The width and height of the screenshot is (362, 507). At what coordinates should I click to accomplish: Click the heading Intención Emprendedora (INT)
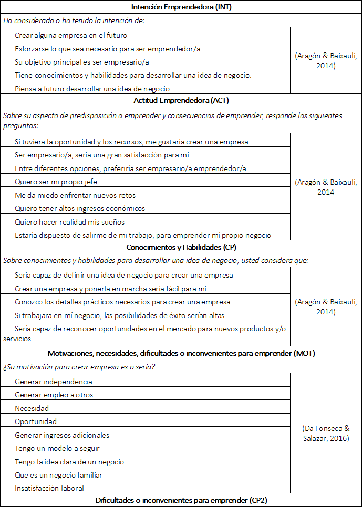[x=181, y=7]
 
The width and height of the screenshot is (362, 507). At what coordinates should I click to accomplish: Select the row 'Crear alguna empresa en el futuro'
[x=71, y=35]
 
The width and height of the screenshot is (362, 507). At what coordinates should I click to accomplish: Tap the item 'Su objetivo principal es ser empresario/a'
[x=82, y=61]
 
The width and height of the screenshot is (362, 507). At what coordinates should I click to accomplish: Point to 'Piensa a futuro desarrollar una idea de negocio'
[x=92, y=88]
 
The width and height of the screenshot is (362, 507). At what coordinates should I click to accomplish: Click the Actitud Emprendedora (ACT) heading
[x=181, y=100]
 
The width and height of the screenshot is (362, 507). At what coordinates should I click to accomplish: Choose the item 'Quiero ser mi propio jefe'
[x=56, y=182]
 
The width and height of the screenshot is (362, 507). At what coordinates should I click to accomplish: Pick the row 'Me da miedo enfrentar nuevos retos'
[x=75, y=195]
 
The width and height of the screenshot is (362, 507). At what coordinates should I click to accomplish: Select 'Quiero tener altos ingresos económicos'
[x=80, y=208]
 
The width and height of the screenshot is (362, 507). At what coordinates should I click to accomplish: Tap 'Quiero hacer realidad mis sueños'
[x=69, y=221]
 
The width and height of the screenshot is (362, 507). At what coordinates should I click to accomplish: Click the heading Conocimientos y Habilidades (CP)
[x=181, y=247]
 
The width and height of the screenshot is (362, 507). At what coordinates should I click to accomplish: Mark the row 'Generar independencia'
[x=54, y=382]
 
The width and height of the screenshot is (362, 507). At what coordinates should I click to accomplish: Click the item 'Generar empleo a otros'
[x=54, y=395]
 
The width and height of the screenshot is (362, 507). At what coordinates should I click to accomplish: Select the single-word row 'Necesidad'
[x=32, y=408]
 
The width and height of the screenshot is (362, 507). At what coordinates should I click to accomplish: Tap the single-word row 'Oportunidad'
[x=36, y=421]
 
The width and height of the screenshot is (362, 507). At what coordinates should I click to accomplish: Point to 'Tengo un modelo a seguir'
[x=57, y=448]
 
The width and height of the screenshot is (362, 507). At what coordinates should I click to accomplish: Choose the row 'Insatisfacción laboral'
[x=49, y=488]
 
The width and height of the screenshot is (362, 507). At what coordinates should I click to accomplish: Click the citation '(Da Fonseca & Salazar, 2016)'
[x=326, y=434]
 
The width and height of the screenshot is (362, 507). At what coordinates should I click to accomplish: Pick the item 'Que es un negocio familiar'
[x=58, y=475]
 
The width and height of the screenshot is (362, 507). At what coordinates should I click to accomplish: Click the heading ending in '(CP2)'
[x=181, y=500]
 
